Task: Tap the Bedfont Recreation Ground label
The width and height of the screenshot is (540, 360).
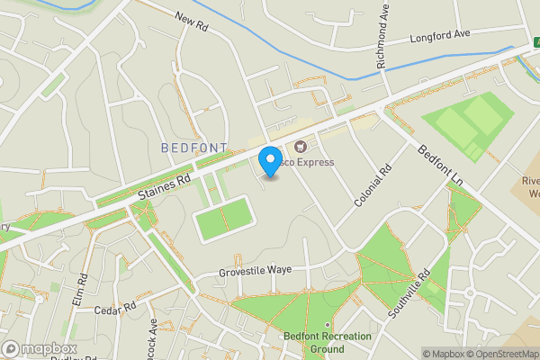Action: coord(313,342)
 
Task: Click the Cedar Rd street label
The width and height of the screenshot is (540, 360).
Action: coord(115,308)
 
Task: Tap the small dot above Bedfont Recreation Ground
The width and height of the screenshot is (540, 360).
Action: coord(326,325)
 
